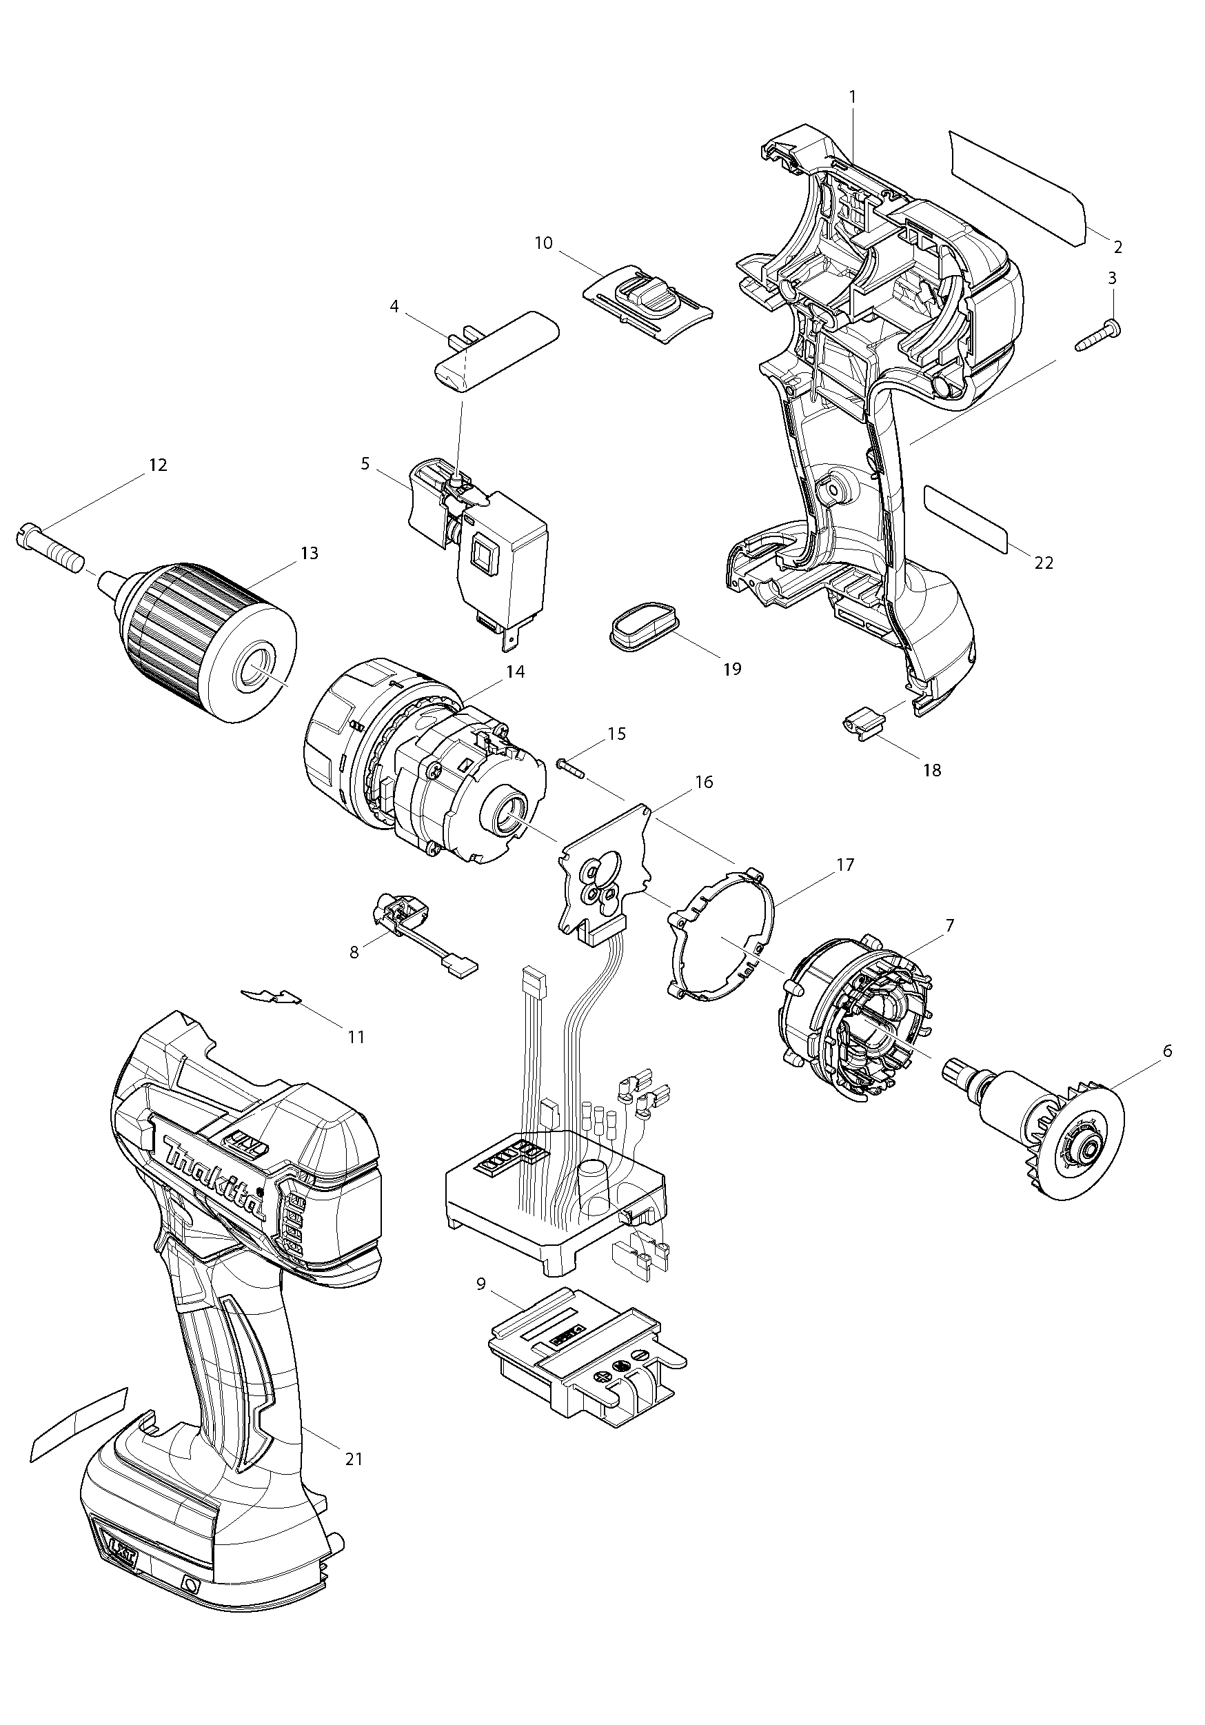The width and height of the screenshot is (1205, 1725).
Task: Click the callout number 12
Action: (158, 465)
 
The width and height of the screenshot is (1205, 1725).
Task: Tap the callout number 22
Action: (1044, 562)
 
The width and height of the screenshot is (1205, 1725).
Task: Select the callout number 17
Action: (845, 865)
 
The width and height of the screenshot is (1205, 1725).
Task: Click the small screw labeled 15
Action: (570, 769)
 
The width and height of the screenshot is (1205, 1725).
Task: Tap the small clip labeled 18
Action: (861, 726)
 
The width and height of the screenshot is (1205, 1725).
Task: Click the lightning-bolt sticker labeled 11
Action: (272, 997)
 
